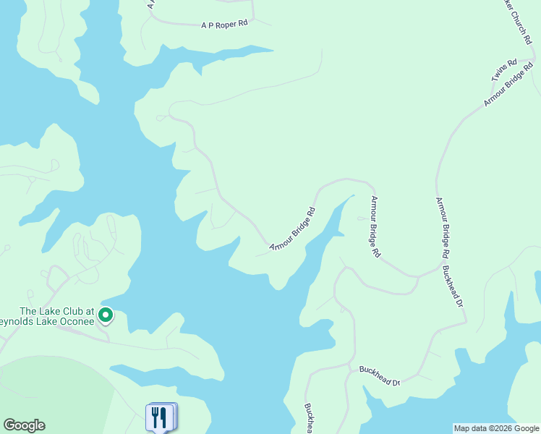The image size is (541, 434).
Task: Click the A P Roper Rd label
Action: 224,24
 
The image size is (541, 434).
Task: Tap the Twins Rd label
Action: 503,70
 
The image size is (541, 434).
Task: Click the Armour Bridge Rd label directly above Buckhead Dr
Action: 443,228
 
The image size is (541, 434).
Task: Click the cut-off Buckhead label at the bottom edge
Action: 309,419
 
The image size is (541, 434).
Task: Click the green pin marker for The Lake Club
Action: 106,315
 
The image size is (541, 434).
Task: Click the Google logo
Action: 24,425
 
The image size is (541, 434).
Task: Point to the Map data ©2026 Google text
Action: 496,428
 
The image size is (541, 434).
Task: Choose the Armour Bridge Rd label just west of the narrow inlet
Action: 293,230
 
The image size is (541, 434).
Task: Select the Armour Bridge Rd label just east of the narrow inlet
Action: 375,227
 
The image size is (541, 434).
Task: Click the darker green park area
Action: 51,391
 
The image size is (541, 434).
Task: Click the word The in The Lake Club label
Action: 27,311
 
